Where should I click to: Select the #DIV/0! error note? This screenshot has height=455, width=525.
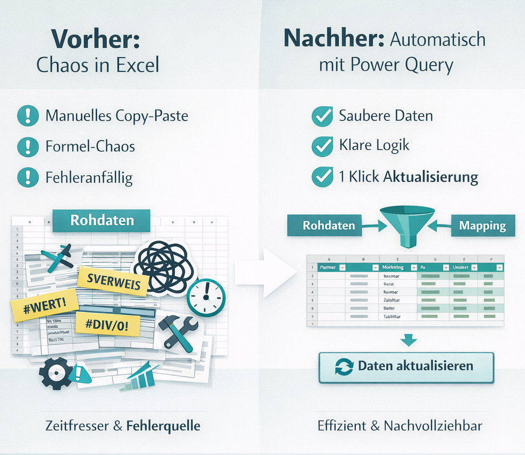[108, 324]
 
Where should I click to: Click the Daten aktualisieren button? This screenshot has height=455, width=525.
[406, 367]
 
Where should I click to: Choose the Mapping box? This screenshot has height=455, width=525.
[482, 226]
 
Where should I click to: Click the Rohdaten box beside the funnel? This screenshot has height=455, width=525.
[329, 226]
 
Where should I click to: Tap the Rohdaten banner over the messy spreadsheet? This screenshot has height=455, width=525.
[102, 221]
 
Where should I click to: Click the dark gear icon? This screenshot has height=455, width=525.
[53, 372]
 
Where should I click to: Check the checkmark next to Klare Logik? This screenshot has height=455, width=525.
[322, 146]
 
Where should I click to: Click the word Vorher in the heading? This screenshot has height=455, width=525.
[96, 39]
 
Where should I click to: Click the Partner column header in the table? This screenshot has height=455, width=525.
[328, 267]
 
